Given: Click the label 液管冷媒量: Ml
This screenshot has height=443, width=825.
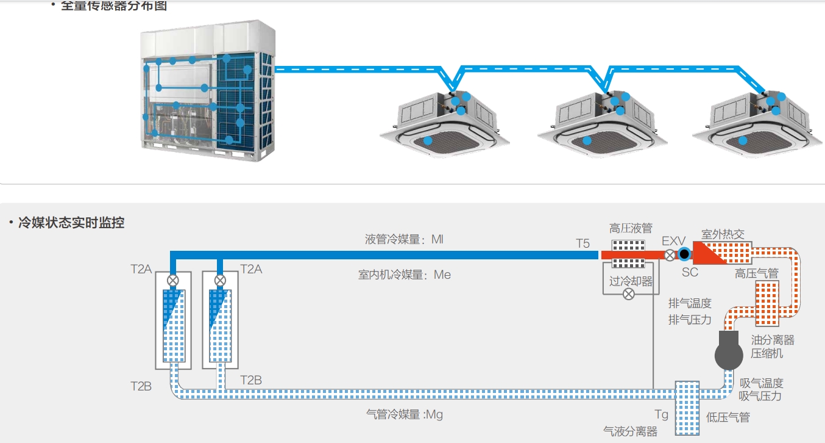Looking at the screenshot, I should coord(404,239).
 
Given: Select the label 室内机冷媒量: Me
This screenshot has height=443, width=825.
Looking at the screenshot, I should coord(404,275).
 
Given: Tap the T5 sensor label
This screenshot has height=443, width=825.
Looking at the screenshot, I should coord(583,243).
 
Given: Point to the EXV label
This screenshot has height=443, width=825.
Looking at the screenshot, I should coord(674,242).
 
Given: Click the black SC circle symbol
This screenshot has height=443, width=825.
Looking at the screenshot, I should coord(684,254).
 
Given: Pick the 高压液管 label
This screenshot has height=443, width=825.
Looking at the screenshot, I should coord(631,229).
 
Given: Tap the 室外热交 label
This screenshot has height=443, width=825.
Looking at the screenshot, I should coord(723,235).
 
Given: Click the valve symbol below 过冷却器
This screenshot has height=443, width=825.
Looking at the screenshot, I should coord(629,294).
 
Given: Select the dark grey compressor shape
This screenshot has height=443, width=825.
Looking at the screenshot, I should coord(729,350).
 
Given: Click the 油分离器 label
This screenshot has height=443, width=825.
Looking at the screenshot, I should coord(773,340).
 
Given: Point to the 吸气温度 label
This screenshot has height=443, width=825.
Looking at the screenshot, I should coord(761,383).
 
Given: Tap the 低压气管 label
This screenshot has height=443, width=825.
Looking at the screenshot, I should coord(728,417).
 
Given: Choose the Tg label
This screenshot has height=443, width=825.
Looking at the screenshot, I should coord(661,415).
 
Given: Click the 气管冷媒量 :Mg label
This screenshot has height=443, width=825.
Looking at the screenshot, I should coord(404,415).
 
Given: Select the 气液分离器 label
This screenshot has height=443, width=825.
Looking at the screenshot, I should coord(630,431).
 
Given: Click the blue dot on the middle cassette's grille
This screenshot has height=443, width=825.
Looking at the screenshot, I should coord(587,140).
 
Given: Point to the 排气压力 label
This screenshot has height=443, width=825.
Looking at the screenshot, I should coord(690,319).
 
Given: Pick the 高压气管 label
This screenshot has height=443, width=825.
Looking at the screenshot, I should coord(756,274).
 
